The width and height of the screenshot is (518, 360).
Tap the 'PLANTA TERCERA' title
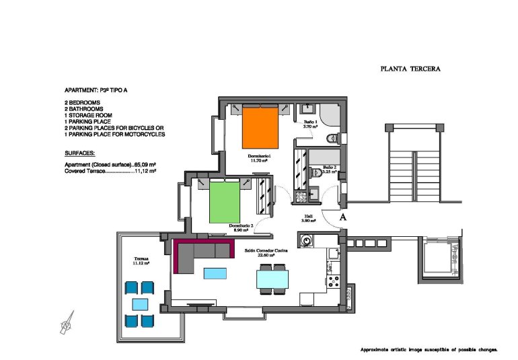pos(410,68)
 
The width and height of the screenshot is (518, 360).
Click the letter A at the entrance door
pos(342,217)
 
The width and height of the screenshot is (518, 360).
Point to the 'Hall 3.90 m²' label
pos(308,219)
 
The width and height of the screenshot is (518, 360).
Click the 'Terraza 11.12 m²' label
pos(141,260)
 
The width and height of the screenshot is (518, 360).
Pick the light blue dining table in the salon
pos(273,277)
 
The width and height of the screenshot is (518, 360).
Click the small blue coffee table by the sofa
pos(215,273)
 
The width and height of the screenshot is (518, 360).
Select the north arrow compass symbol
pos(67,324)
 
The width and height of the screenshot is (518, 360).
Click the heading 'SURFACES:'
pos(80,153)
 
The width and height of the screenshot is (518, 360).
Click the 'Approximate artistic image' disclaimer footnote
pos(429,350)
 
